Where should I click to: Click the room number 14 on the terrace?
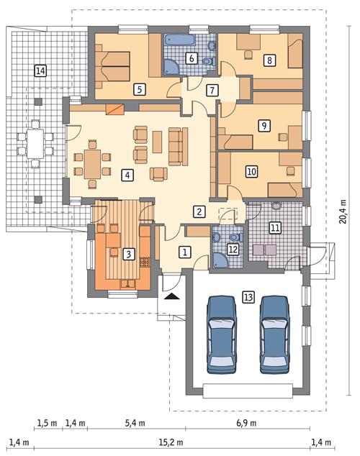[40, 70]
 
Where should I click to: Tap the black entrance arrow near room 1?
[171, 296]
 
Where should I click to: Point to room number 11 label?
[276, 229]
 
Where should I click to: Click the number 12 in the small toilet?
[231, 250]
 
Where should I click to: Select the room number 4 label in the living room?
[127, 175]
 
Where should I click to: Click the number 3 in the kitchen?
[128, 253]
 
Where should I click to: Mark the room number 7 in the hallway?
[211, 91]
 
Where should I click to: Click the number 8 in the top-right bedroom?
[269, 60]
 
